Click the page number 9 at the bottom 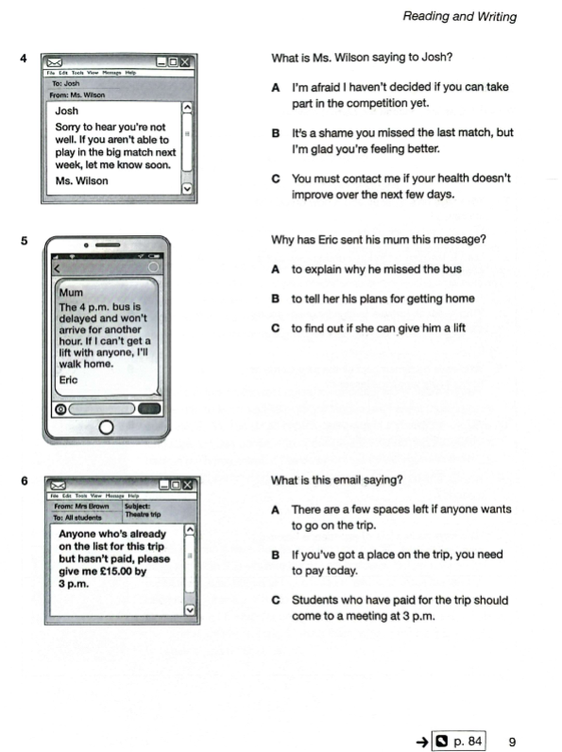pyautogui.click(x=512, y=742)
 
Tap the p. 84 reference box pyautogui.click(x=459, y=741)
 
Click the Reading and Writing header pyautogui.click(x=459, y=16)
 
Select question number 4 pyautogui.click(x=24, y=58)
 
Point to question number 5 pyautogui.click(x=24, y=240)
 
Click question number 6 pyautogui.click(x=25, y=481)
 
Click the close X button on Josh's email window pyautogui.click(x=185, y=61)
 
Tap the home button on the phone pyautogui.click(x=106, y=427)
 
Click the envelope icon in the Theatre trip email pyautogui.click(x=58, y=486)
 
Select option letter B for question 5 pyautogui.click(x=275, y=299)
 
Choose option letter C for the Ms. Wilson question pyautogui.click(x=276, y=179)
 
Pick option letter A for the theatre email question pyautogui.click(x=275, y=510)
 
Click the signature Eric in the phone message pyautogui.click(x=68, y=380)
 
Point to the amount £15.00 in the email pyautogui.click(x=115, y=572)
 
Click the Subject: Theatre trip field pyautogui.click(x=143, y=510)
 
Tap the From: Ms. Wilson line pyautogui.click(x=77, y=95)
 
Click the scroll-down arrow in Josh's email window pyautogui.click(x=187, y=189)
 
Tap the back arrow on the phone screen pyautogui.click(x=57, y=268)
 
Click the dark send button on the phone pyautogui.click(x=149, y=409)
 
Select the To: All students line pyautogui.click(x=77, y=518)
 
